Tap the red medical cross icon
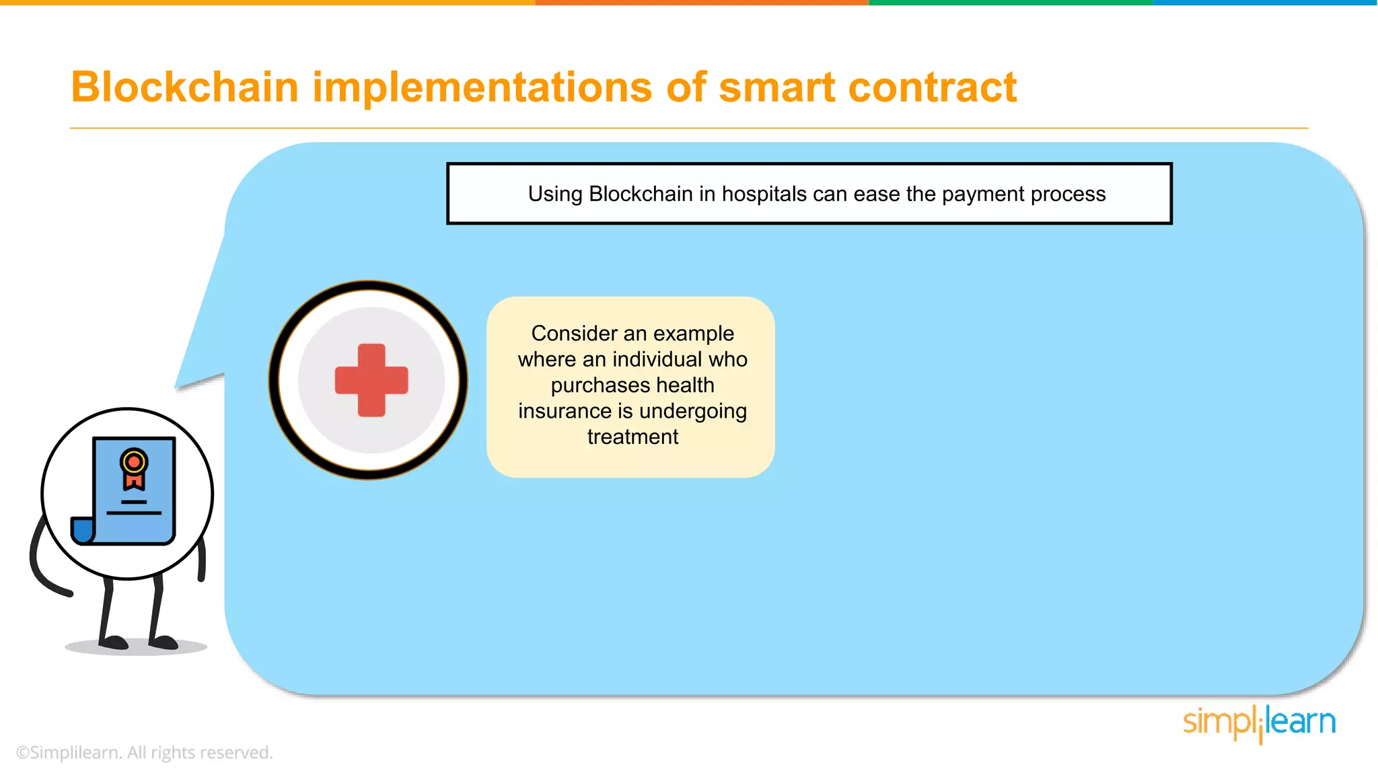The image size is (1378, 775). pos(371,380)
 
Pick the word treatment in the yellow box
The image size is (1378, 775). pos(632,437)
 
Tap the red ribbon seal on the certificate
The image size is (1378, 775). pos(134,470)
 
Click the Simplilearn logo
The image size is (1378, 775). pos(1259,723)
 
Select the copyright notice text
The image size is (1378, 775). pos(144,752)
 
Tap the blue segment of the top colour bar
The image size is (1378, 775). pos(1265,3)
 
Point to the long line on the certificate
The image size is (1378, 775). pos(134,513)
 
